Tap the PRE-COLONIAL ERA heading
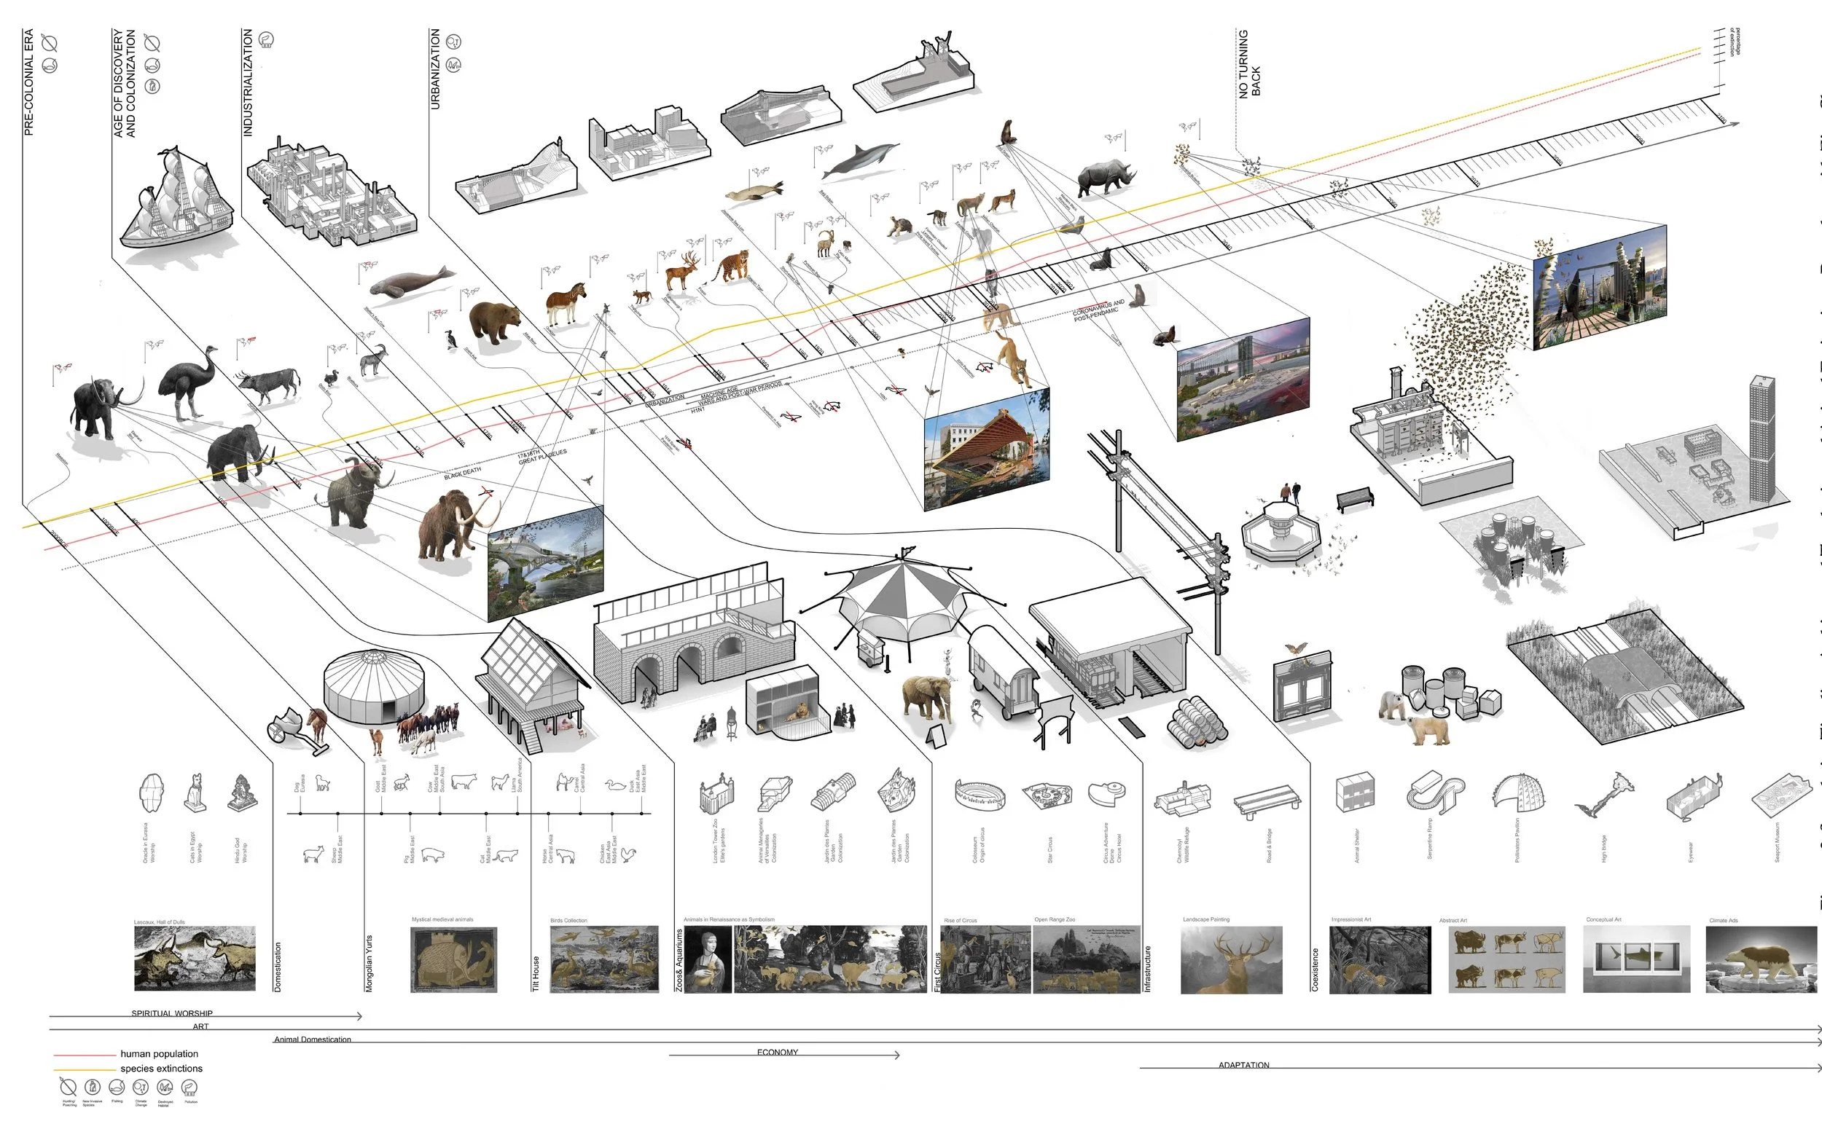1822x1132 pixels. (28, 82)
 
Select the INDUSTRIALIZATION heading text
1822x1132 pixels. (248, 82)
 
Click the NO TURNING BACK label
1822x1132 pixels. (1249, 64)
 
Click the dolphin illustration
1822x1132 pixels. (860, 162)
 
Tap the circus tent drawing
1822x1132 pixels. (903, 606)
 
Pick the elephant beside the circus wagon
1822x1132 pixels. (927, 700)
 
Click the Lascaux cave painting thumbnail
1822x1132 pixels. (195, 959)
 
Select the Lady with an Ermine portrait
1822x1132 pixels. (707, 959)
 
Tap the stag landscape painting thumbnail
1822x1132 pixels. (1231, 960)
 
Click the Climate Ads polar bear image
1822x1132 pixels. (1761, 960)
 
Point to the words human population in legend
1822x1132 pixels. (159, 1053)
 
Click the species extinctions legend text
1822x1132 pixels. (161, 1069)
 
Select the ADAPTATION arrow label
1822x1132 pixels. (1243, 1065)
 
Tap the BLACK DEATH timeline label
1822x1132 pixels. (463, 473)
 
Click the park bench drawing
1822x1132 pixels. (1355, 498)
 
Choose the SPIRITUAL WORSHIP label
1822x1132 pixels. (171, 1013)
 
